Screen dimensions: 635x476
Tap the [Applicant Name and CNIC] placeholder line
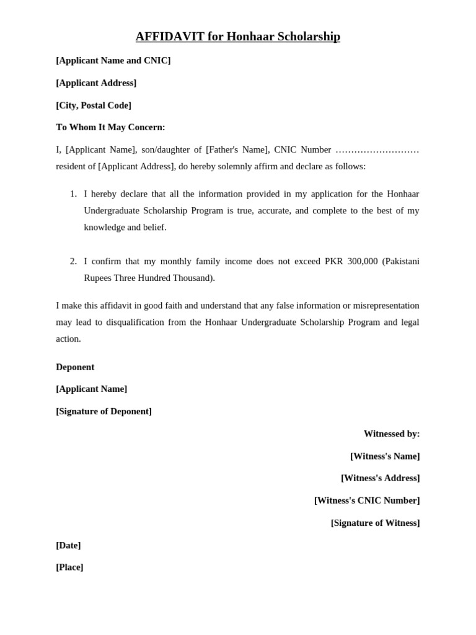[113, 60]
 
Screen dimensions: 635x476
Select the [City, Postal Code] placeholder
[94, 105]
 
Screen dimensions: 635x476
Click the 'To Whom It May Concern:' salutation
[110, 127]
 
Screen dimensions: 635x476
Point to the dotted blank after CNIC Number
[377, 149]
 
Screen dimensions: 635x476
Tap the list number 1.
[73, 194]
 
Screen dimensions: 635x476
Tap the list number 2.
[73, 261]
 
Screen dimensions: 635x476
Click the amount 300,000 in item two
[363, 261]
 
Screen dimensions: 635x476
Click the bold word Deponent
[75, 366]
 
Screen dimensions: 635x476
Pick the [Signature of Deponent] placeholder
[104, 411]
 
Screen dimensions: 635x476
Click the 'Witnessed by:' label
[392, 433]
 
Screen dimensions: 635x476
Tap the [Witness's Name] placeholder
[385, 456]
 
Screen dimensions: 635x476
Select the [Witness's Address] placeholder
[380, 478]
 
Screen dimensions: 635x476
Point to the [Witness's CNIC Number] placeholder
[367, 500]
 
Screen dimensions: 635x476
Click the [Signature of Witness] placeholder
[375, 523]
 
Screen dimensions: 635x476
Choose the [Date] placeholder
[68, 545]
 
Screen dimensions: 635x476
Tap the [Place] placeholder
[69, 567]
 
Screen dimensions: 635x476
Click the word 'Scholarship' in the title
[308, 37]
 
